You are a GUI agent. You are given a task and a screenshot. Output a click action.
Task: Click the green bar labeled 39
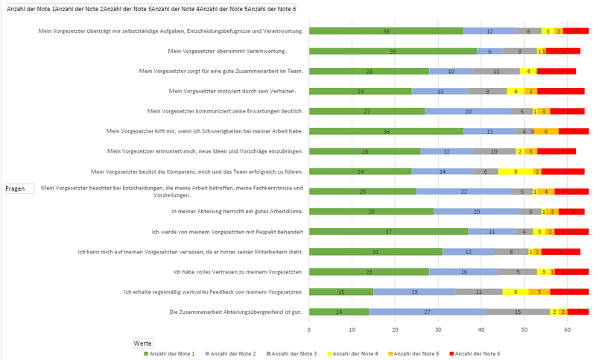point(393,51)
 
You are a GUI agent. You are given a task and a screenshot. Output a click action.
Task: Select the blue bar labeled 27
point(427,312)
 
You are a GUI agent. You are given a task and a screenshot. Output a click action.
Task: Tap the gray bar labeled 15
point(517,312)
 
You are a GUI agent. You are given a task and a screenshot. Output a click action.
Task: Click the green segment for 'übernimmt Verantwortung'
point(393,51)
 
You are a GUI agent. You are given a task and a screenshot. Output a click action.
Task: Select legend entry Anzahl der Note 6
point(478,353)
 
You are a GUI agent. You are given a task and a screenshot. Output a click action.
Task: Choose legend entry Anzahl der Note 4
point(353,353)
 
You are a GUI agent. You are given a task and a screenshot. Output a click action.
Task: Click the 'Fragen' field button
point(16,189)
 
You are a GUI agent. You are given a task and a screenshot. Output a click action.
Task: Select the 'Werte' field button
point(143,343)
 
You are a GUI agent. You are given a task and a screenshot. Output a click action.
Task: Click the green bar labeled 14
point(339,312)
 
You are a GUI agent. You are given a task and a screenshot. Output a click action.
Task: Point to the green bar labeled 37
point(388,232)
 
